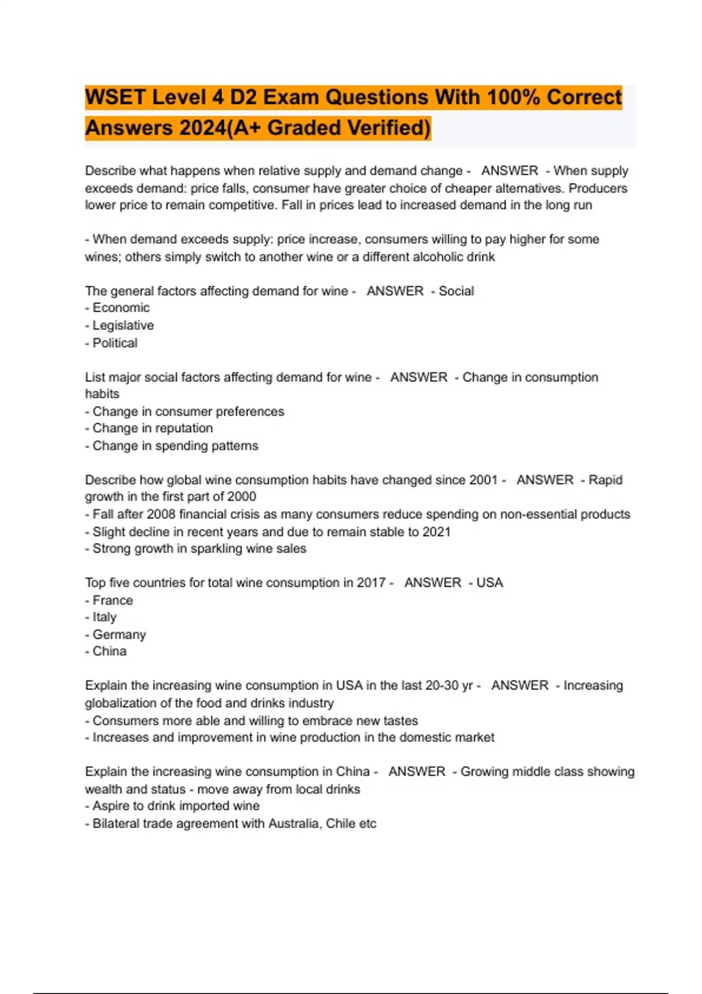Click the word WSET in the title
coord(115,97)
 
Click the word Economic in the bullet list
coord(121,308)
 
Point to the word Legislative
coord(123,325)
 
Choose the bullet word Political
coord(115,343)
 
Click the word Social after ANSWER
coord(456,291)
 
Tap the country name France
coord(112,600)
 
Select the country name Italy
coord(105,617)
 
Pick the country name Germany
coord(119,634)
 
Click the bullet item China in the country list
coord(109,651)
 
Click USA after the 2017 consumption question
coord(490,582)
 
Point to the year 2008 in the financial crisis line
coord(161,514)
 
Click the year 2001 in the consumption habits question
coord(483,479)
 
